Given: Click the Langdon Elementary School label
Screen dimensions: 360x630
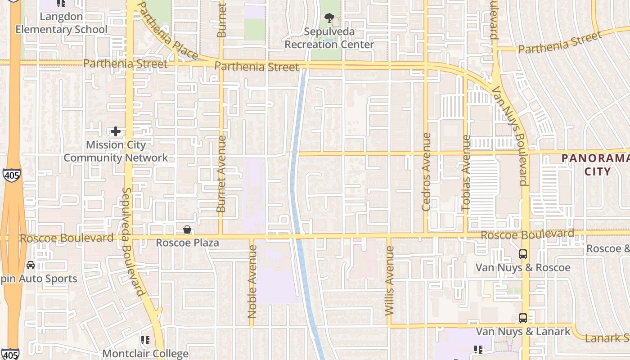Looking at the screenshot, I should click(62, 23).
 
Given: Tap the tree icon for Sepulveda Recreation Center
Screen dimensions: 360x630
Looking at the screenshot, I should click(329, 18).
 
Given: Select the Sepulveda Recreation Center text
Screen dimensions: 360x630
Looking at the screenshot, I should click(329, 38).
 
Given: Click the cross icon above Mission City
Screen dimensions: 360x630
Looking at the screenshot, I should click(116, 131).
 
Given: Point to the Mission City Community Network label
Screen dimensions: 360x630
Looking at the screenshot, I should click(116, 151).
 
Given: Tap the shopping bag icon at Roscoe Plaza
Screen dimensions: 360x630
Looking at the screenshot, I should click(187, 230).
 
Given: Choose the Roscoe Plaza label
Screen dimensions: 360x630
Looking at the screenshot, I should click(187, 243).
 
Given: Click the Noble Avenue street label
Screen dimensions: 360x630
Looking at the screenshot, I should click(252, 281).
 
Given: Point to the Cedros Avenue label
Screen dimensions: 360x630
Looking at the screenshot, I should click(426, 172).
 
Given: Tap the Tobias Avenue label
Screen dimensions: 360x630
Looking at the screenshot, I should click(466, 173).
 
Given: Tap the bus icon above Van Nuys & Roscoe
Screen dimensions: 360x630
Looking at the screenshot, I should click(523, 254).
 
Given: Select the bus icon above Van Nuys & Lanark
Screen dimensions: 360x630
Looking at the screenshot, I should click(523, 318).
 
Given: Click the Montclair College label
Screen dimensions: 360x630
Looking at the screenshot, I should click(145, 354).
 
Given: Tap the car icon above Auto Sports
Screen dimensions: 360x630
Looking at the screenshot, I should click(31, 265).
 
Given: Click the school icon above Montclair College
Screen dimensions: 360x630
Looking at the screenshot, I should click(145, 340).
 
